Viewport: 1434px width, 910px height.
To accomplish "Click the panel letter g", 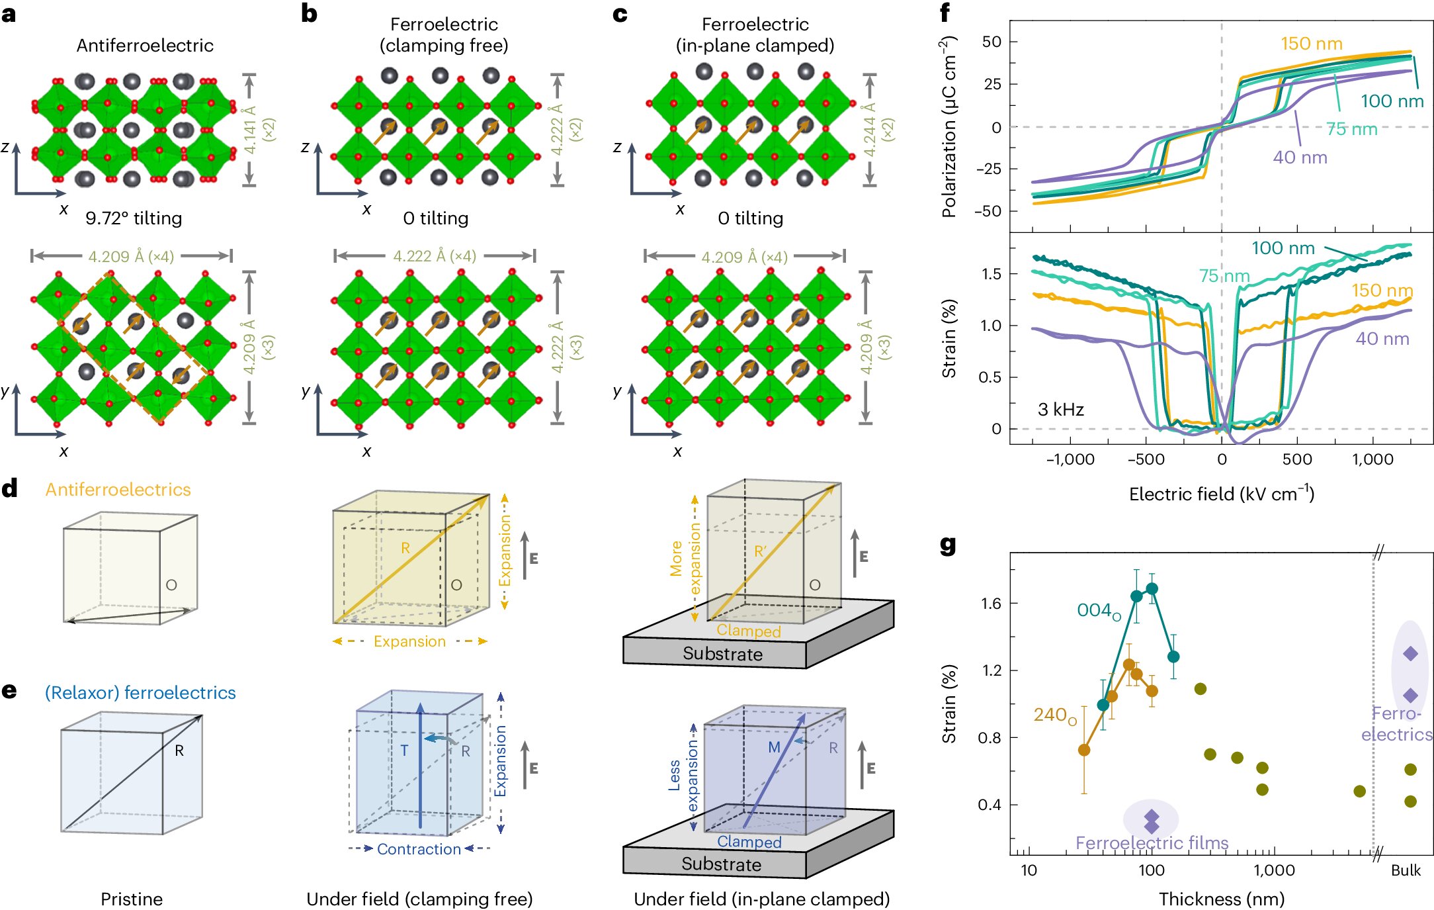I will [x=948, y=545].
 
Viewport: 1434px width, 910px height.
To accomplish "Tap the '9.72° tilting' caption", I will [x=134, y=218].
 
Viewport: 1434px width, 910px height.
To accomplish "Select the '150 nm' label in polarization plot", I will [x=1311, y=44].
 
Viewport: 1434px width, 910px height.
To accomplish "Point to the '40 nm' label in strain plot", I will [x=1382, y=339].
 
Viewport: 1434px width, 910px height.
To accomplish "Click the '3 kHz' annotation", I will [x=1060, y=410].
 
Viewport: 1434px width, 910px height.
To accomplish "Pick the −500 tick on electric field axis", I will [x=1146, y=459].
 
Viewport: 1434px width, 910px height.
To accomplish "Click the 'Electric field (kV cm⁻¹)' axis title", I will [x=1221, y=494].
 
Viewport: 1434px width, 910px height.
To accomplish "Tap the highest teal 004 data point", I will [x=1152, y=588].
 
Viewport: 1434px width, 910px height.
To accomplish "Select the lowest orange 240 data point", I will [x=1083, y=750].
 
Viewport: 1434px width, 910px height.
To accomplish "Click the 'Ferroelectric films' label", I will [x=1152, y=842].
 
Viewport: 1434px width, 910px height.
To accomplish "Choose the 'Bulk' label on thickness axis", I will [x=1405, y=870].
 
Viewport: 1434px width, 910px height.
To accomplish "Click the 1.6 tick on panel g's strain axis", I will [x=991, y=603].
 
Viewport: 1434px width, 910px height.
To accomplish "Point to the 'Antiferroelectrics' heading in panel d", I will [x=118, y=490].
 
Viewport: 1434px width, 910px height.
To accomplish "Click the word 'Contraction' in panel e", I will [x=419, y=849].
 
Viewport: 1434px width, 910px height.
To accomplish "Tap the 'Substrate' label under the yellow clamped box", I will [x=722, y=654].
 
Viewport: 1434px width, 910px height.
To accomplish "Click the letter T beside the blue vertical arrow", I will [x=404, y=751].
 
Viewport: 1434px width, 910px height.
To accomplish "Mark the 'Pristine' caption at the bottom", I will [x=131, y=899].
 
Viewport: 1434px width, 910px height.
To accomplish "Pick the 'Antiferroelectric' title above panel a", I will [x=145, y=45].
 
